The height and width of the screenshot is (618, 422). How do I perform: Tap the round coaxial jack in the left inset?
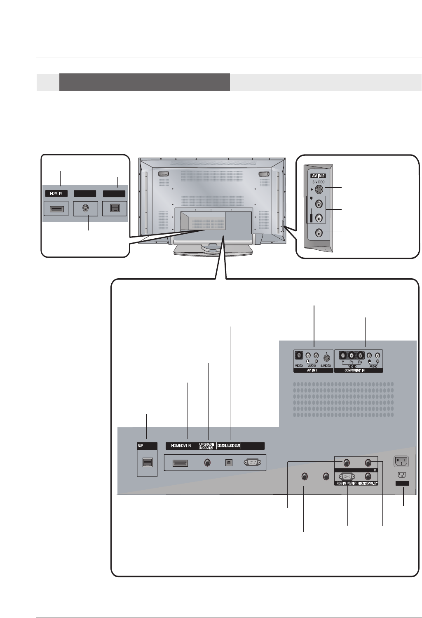coord(85,208)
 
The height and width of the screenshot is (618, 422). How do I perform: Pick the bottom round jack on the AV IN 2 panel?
coord(318,233)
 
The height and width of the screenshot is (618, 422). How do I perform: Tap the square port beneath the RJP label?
coord(146,462)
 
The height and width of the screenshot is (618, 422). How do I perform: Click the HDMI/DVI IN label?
coord(181,446)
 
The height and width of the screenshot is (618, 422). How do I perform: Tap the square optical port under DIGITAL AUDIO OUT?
coord(229,463)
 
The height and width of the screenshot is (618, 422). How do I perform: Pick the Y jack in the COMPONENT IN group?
coord(342,355)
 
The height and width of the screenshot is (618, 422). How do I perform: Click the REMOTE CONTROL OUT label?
coord(368,483)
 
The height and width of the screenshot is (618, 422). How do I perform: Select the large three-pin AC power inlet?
coord(401,461)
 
